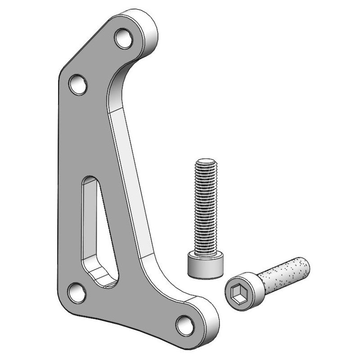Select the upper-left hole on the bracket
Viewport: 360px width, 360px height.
[x=79, y=85]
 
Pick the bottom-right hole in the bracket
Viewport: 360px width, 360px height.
[x=184, y=324]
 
